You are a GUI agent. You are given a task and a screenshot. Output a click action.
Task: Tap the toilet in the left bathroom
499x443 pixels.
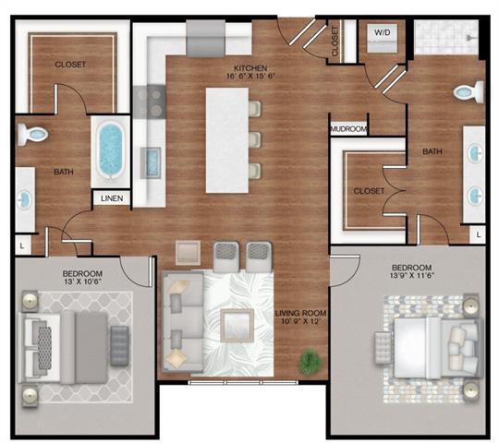[x=34, y=135]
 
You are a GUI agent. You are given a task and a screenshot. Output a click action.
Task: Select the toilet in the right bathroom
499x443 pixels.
[x=468, y=92]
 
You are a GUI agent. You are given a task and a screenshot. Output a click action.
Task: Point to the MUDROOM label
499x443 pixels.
[x=349, y=129]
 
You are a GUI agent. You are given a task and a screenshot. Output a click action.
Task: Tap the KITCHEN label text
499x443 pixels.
[x=249, y=68]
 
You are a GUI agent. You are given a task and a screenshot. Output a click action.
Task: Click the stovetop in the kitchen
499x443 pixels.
[x=147, y=101]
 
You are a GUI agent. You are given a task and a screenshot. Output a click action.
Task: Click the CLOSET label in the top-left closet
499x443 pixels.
[x=70, y=65]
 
